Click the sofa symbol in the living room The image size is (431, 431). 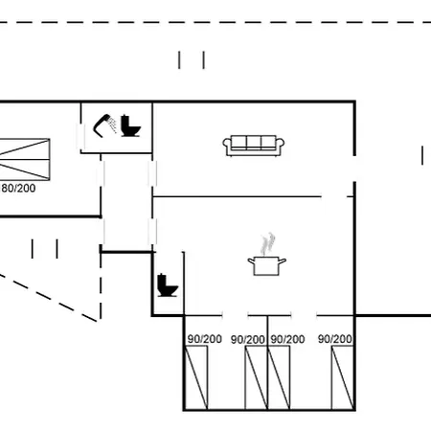(254, 146)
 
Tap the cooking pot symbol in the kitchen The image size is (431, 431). (267, 265)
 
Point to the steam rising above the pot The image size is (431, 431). (267, 244)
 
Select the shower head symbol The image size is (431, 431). (104, 125)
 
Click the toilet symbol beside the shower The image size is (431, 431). (130, 125)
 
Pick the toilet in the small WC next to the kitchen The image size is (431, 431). (168, 285)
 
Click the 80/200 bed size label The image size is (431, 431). (18, 188)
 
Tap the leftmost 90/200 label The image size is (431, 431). (205, 339)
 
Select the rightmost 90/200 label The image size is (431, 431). (335, 339)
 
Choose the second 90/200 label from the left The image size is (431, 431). (248, 339)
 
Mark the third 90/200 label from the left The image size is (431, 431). (287, 339)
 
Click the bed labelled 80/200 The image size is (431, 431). (25, 159)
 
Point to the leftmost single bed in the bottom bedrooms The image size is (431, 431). (196, 377)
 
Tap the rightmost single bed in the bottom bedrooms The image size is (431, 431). (343, 377)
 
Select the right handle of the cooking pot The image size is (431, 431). (283, 261)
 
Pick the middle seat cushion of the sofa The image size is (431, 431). (254, 142)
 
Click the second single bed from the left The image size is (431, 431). (256, 377)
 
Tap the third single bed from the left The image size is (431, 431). (279, 377)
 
